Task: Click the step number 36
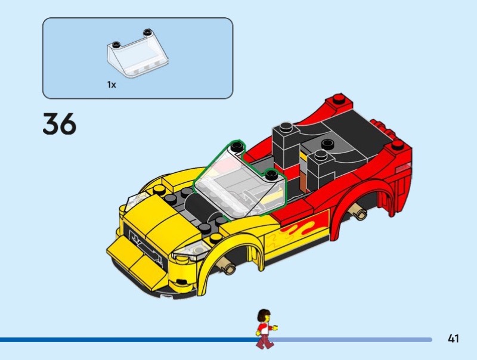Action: click(60, 123)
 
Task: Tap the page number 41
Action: click(453, 339)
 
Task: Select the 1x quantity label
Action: click(111, 85)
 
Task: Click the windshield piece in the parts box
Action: click(138, 54)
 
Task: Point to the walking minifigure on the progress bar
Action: click(265, 328)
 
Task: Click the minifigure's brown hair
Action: click(264, 315)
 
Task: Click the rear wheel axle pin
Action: click(358, 212)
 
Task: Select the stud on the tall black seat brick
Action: click(286, 127)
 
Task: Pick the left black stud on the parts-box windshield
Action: click(115, 44)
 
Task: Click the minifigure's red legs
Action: click(265, 340)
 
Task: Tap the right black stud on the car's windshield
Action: click(271, 175)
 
